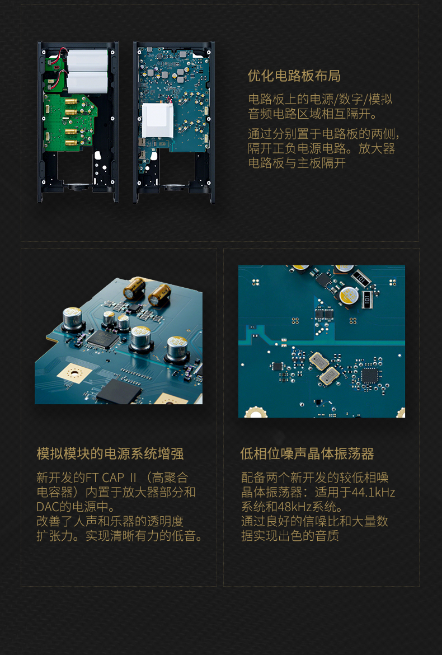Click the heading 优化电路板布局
click(x=294, y=76)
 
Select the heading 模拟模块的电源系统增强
click(x=110, y=453)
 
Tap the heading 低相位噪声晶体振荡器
click(x=307, y=453)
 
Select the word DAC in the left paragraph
click(x=48, y=507)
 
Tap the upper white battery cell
click(x=87, y=60)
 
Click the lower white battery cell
click(x=87, y=82)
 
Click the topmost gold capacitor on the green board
click(x=71, y=102)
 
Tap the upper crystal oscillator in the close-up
click(x=319, y=361)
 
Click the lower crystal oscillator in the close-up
click(x=330, y=376)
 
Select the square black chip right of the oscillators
click(x=369, y=376)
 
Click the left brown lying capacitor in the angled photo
click(x=134, y=288)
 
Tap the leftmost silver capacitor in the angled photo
click(x=73, y=317)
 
